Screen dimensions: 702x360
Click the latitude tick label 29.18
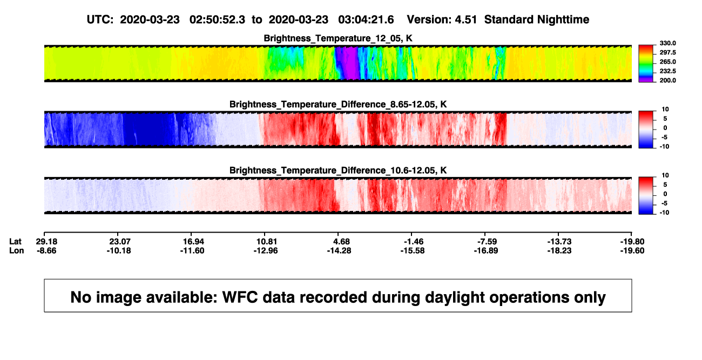click(x=46, y=242)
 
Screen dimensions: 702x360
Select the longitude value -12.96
click(x=266, y=250)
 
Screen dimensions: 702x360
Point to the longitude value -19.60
click(x=632, y=250)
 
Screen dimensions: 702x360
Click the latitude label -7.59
click(x=487, y=242)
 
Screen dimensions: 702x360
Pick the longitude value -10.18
click(x=119, y=250)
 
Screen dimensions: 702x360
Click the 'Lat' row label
click(x=15, y=242)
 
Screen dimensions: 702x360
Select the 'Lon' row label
click(x=16, y=250)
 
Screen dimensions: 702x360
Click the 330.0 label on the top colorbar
click(x=667, y=43)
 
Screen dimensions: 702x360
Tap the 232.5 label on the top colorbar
click(x=667, y=71)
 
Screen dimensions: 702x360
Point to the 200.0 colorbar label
click(x=667, y=80)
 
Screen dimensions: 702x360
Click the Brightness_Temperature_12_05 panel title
click(x=338, y=38)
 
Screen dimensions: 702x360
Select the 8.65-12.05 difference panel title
click(x=338, y=104)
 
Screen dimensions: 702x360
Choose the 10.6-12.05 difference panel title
click(x=338, y=171)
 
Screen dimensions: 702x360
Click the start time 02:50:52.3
click(x=217, y=19)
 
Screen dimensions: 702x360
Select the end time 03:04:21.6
click(x=366, y=19)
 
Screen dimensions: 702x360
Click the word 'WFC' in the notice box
click(x=240, y=297)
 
